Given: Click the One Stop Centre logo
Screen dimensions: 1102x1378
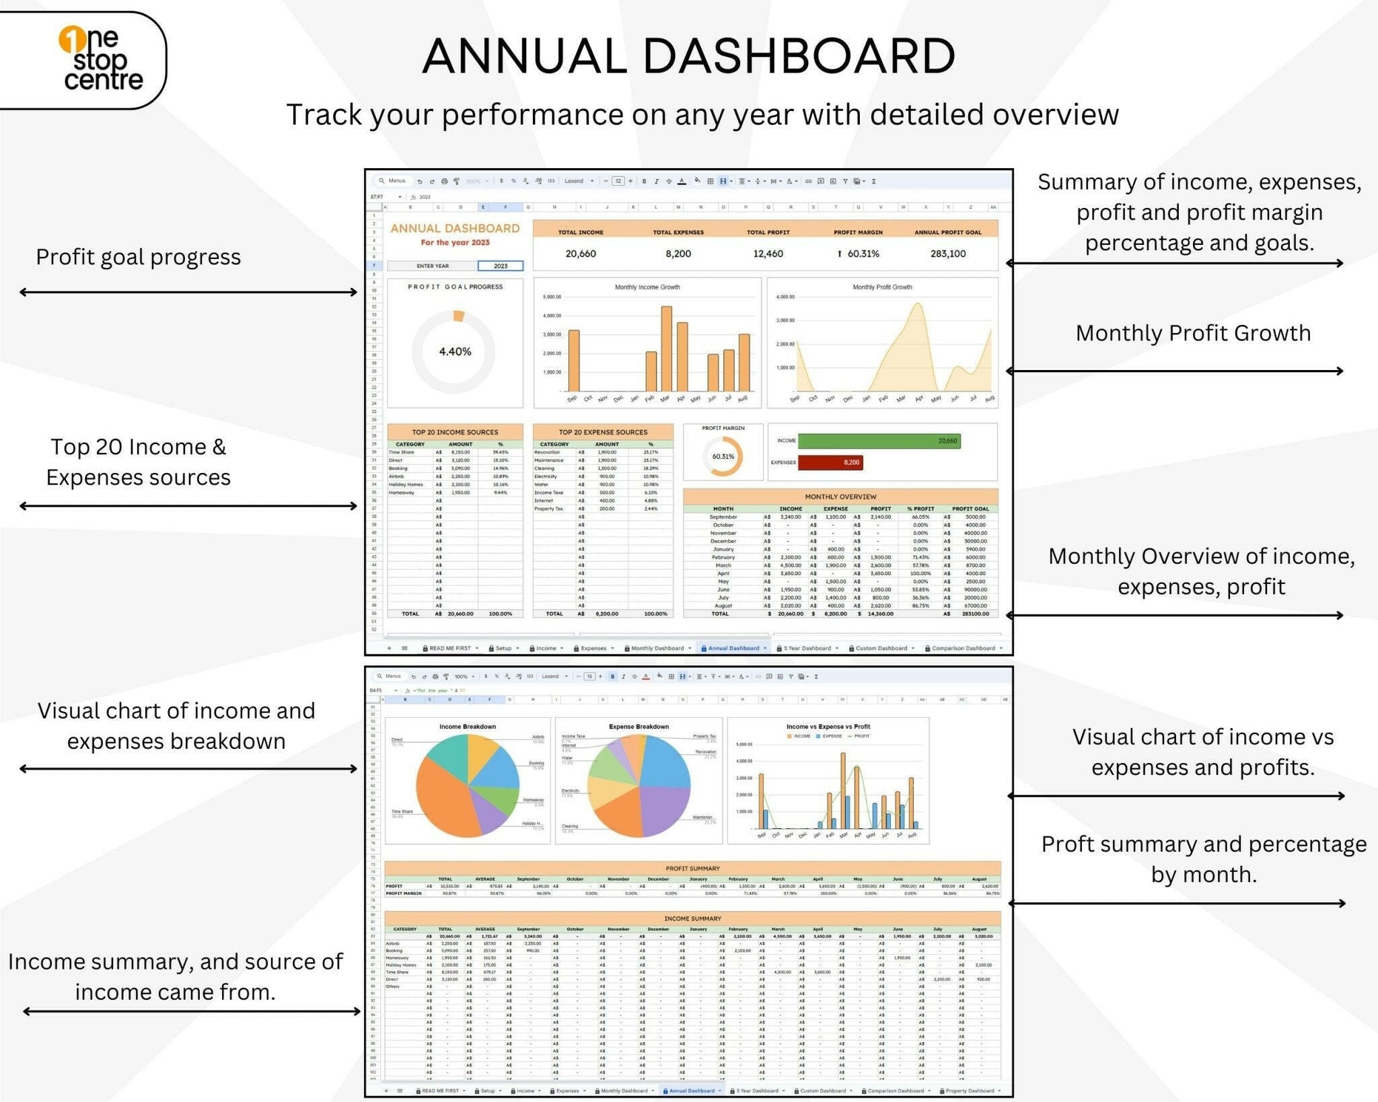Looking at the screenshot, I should pos(101,59).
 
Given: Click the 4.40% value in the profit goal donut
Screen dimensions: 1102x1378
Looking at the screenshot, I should pos(455,351).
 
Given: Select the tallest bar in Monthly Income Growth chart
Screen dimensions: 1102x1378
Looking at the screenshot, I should pos(666,348).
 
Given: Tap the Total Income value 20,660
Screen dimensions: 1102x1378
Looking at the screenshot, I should pos(580,254).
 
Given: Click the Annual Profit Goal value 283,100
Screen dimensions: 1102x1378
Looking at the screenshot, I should pos(947,254).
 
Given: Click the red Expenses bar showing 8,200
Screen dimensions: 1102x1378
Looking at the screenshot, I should pos(830,462).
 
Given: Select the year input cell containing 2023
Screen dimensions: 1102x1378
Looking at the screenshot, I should pos(501,266).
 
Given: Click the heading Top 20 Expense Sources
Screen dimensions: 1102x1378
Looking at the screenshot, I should pos(603,432).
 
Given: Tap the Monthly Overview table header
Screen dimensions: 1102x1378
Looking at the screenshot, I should pos(840,497).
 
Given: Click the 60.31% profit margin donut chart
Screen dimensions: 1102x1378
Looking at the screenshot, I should pos(723,456).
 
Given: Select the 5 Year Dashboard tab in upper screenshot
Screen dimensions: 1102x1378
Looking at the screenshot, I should pos(807,648).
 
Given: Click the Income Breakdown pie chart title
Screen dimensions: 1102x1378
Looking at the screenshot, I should pos(467,727).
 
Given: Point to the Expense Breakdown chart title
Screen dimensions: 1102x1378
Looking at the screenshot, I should pos(639,727).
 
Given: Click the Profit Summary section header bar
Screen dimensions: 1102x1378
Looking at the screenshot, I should pos(692,868).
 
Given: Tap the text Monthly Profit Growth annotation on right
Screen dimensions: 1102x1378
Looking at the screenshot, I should pos(1192,333).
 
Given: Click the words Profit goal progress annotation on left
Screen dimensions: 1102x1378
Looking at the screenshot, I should pos(138,257).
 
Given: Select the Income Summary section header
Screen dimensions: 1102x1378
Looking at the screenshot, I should pos(692,918).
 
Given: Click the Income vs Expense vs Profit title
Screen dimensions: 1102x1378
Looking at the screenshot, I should pos(828,727).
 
